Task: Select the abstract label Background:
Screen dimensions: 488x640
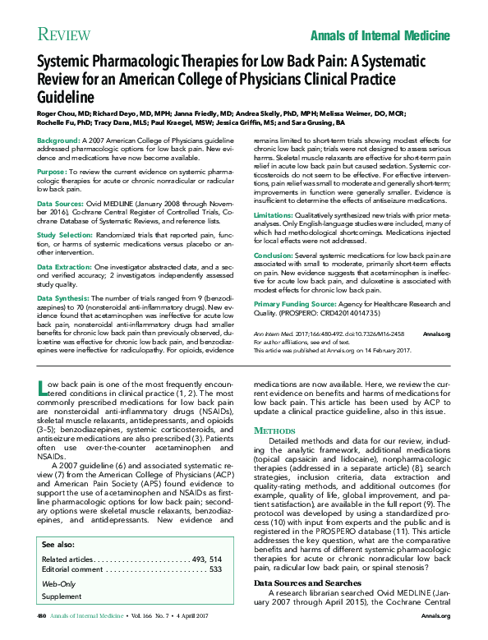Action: (58, 141)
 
